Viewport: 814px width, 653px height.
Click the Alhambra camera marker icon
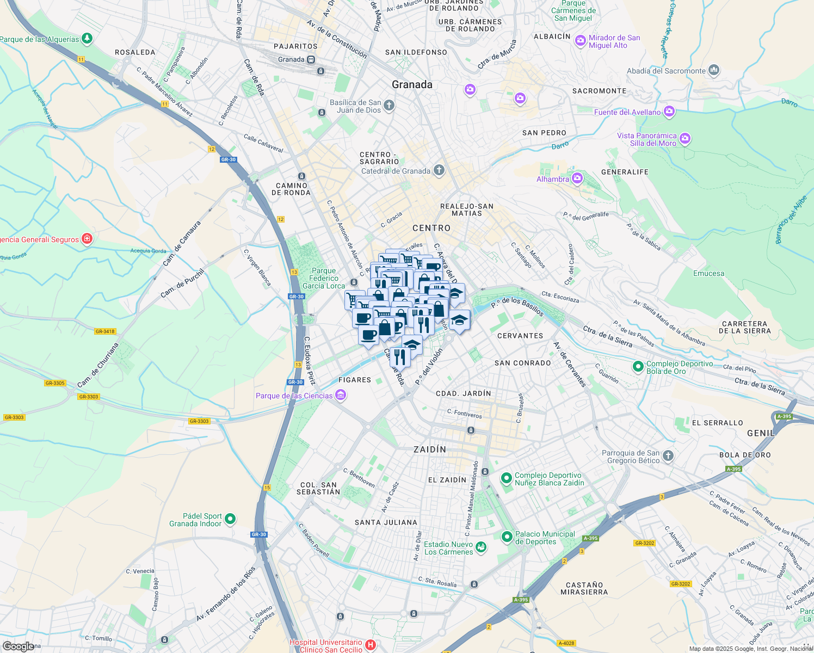coord(577,178)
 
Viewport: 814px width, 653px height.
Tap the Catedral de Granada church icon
coord(439,171)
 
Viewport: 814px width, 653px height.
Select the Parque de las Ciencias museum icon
coord(341,395)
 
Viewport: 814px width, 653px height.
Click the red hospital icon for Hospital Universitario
coord(371,645)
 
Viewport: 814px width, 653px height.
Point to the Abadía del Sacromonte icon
coord(714,70)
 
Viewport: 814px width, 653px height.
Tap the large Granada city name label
coord(412,84)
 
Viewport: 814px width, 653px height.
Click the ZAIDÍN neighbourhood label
coord(430,449)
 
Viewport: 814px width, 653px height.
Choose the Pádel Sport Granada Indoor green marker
coord(230,519)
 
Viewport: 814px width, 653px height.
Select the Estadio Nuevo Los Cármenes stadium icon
coord(481,547)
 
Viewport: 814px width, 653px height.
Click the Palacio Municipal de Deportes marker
coord(507,537)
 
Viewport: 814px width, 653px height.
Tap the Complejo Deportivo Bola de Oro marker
coord(638,367)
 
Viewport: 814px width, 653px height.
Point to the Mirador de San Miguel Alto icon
coord(581,41)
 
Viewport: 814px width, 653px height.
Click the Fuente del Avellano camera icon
coord(669,112)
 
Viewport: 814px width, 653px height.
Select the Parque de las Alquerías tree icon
coord(87,39)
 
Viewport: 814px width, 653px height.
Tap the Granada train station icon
coord(311,59)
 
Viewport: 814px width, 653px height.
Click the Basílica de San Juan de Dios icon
coord(388,106)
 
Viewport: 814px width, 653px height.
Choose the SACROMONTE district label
coord(599,91)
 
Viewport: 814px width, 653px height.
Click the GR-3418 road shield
coord(105,331)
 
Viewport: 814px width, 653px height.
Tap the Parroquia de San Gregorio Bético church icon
coord(668,456)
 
